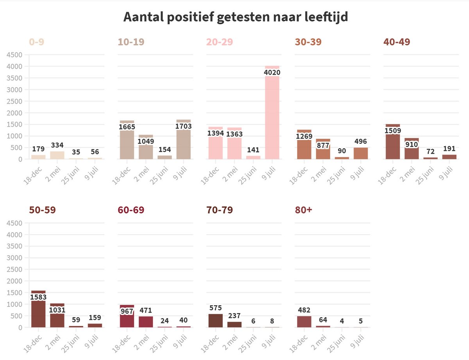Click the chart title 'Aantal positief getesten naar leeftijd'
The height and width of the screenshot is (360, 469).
(235, 17)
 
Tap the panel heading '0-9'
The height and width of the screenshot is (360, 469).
(36, 42)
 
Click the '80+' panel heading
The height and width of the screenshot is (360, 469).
(304, 210)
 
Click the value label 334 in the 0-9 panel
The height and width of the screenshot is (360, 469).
(57, 145)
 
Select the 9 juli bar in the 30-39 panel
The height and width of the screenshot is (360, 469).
(361, 153)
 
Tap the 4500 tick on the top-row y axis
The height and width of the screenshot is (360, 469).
(14, 55)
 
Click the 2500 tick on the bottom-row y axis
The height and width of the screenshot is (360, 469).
(14, 269)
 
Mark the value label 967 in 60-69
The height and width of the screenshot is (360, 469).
(127, 312)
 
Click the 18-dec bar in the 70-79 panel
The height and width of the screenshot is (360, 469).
(215, 321)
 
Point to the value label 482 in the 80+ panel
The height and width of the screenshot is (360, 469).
(304, 310)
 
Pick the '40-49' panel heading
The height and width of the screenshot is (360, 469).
(397, 42)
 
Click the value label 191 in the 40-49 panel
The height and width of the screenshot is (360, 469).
(449, 149)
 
